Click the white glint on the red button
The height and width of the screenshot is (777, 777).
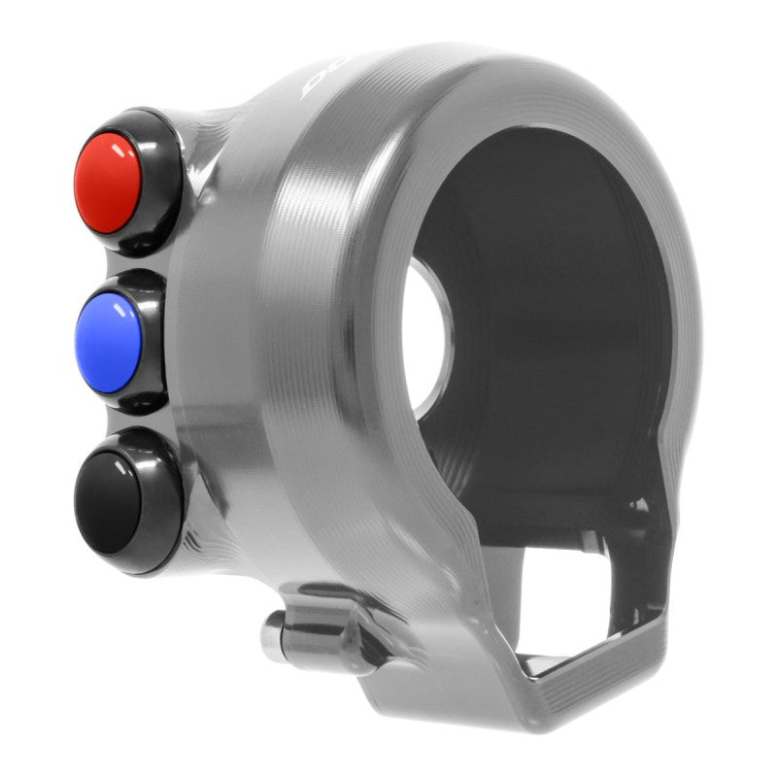click(x=123, y=148)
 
